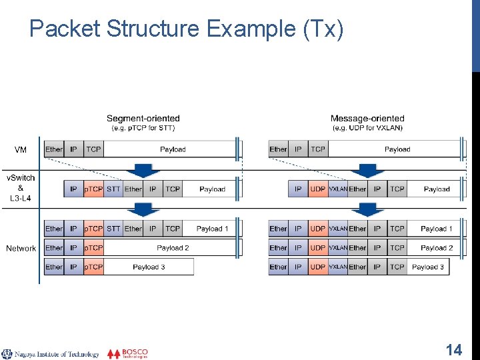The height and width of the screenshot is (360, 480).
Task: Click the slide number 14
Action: (x=454, y=350)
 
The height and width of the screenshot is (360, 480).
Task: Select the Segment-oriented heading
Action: (x=143, y=119)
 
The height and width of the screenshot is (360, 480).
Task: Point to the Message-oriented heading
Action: (x=367, y=119)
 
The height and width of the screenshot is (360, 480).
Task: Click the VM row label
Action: (x=21, y=150)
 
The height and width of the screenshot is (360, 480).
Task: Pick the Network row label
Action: (x=21, y=249)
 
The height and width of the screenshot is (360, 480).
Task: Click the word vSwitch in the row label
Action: (x=21, y=178)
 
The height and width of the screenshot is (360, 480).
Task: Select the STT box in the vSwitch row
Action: (x=114, y=189)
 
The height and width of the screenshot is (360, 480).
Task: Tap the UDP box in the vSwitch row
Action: (x=318, y=189)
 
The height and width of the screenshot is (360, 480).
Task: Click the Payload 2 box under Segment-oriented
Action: (x=173, y=248)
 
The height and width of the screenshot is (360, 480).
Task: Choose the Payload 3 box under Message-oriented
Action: (x=429, y=267)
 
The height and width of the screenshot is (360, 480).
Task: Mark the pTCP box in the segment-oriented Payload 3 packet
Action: (x=93, y=267)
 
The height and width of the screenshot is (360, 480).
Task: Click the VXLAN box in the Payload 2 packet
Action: (x=338, y=248)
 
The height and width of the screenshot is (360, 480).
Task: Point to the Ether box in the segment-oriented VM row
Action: (x=54, y=150)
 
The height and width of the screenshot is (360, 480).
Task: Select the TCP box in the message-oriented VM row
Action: (x=318, y=150)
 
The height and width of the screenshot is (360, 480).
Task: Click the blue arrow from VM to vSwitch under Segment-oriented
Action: (x=143, y=169)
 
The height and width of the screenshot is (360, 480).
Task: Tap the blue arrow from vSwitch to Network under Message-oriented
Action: (x=367, y=209)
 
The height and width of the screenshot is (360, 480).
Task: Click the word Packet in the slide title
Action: (x=65, y=29)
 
